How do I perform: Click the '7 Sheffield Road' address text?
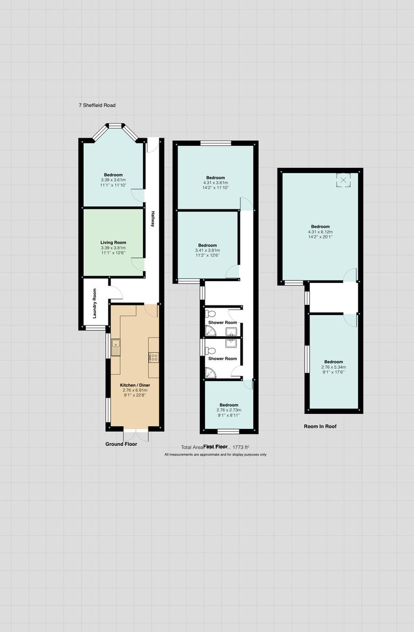pyautogui.click(x=97, y=105)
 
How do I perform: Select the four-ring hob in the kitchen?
pyautogui.click(x=154, y=357)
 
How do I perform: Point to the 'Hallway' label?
pyautogui.click(x=153, y=218)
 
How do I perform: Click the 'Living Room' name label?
pyautogui.click(x=113, y=243)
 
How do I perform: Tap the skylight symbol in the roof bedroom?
pyautogui.click(x=343, y=180)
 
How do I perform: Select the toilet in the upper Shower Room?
pyautogui.click(x=211, y=314)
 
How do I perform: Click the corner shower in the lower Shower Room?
pyautogui.click(x=210, y=372)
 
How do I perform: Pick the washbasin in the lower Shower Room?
pyautogui.click(x=231, y=344)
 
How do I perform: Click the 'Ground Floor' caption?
pyautogui.click(x=121, y=444)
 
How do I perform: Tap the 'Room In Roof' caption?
pyautogui.click(x=320, y=426)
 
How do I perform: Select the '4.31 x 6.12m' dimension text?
pyautogui.click(x=320, y=232)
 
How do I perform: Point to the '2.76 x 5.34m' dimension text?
pyautogui.click(x=333, y=367)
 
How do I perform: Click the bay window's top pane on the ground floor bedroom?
pyautogui.click(x=114, y=126)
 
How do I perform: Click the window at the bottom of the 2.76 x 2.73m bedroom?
pyautogui.click(x=229, y=431)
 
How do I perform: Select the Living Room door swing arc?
pyautogui.click(x=137, y=264)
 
